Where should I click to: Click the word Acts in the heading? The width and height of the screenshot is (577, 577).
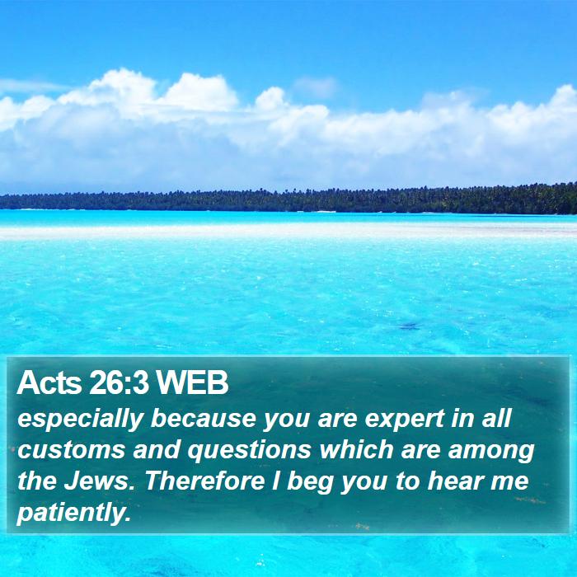click(49, 382)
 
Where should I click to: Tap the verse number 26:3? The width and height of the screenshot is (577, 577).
click(119, 382)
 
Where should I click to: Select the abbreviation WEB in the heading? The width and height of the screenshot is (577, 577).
click(192, 382)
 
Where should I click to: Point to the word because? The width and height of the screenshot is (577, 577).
click(204, 418)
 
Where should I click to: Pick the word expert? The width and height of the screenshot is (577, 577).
click(405, 420)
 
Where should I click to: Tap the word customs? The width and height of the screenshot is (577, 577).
click(71, 450)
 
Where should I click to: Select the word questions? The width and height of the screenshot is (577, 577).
click(250, 451)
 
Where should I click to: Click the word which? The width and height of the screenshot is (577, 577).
click(357, 449)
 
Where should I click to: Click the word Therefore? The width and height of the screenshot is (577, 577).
click(205, 481)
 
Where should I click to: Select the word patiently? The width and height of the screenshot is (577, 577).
click(74, 513)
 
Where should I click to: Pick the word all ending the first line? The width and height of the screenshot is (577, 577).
click(497, 418)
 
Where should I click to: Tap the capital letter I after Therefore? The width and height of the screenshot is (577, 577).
click(275, 481)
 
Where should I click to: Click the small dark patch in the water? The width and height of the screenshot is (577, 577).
click(410, 326)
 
